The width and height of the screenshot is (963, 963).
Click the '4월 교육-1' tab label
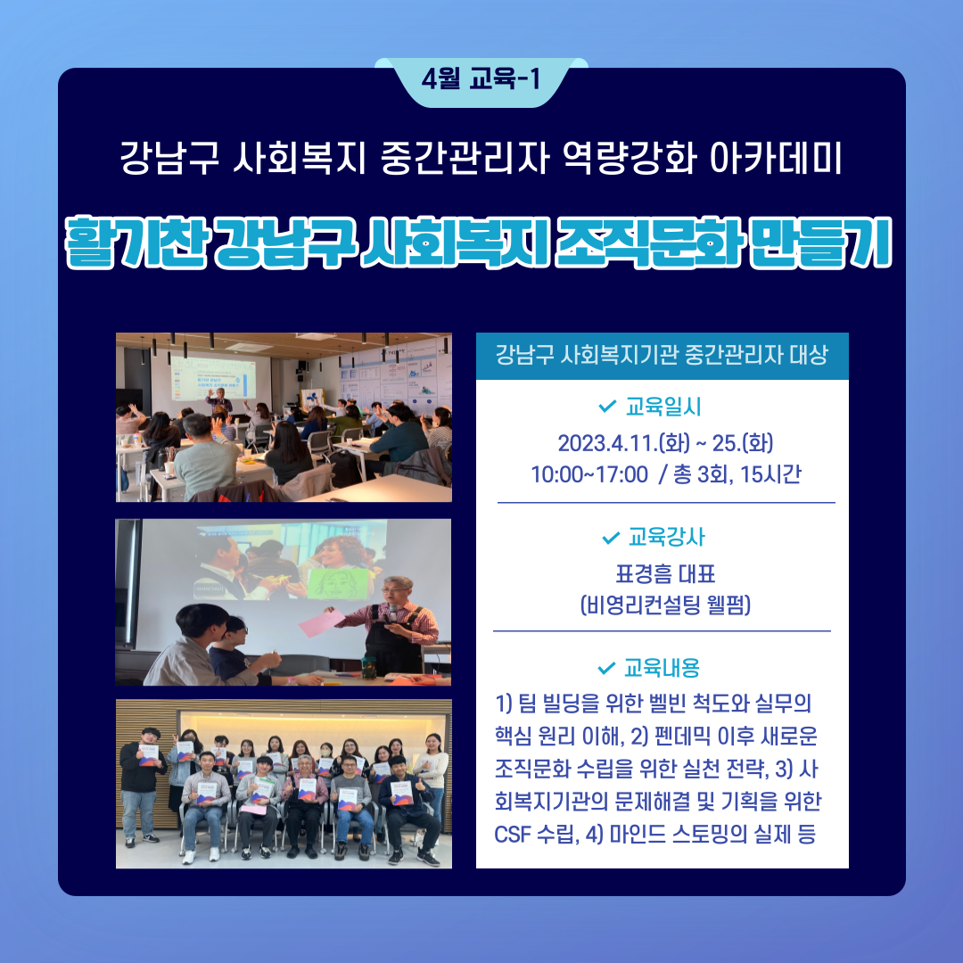pos(481,79)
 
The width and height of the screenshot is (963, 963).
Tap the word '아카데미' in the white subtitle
pos(775,158)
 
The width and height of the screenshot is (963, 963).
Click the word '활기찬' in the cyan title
pos(136,242)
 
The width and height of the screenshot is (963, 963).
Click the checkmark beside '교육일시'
pos(607,406)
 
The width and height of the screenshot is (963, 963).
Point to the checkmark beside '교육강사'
pos(611,538)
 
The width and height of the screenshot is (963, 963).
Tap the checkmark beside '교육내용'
pos(606,668)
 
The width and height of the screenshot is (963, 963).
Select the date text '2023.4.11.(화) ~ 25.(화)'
pos(665,443)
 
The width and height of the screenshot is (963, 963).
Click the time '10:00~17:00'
pos(589,474)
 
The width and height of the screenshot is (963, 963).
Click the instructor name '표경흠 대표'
pos(665,574)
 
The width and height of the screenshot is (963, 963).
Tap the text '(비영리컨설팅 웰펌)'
pos(665,605)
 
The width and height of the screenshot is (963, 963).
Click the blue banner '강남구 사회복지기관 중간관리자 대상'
pos(662,356)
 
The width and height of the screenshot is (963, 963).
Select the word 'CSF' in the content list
pos(512,834)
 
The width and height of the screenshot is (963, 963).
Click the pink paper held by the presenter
pos(322,622)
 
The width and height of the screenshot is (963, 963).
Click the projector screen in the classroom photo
pos(221,377)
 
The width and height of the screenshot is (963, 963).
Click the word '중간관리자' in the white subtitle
pos(465,158)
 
